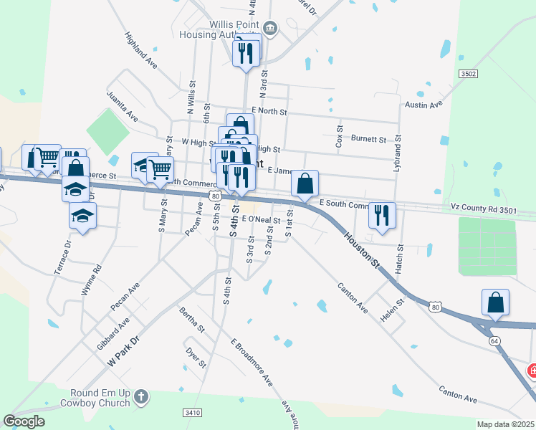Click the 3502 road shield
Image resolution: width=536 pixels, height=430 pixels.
click(469, 73)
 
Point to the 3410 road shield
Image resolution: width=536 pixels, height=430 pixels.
click(192, 413)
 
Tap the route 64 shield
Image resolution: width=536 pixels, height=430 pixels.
click(494, 340)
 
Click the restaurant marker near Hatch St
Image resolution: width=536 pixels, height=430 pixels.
click(382, 214)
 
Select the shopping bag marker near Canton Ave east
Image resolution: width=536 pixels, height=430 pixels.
click(495, 302)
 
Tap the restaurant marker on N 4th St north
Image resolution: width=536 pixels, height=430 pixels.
click(247, 52)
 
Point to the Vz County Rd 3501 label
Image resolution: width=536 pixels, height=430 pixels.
click(483, 208)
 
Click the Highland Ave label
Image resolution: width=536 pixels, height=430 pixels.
click(140, 49)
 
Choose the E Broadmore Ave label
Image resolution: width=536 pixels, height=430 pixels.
click(252, 361)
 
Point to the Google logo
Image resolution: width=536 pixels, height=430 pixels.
click(25, 421)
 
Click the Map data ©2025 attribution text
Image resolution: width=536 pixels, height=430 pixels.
click(505, 424)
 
